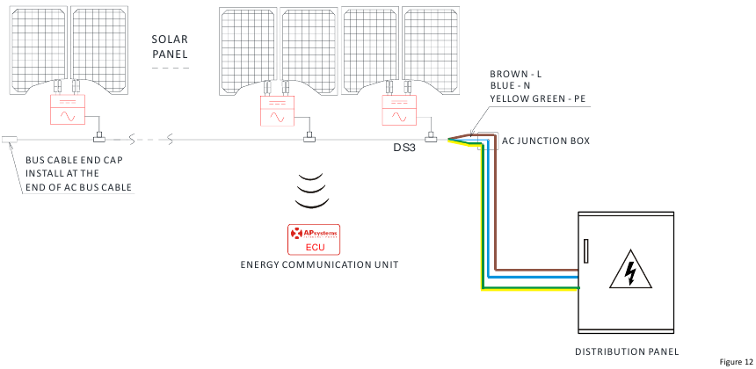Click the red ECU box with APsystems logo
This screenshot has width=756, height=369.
point(314,239)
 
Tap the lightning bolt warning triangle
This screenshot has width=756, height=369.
point(630,270)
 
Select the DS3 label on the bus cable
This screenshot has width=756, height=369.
point(403,148)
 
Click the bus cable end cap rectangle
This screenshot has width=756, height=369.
point(10,140)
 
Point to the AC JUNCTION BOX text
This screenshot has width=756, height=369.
point(546,141)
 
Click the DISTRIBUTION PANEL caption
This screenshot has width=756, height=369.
point(627,351)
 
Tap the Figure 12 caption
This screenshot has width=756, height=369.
point(736,362)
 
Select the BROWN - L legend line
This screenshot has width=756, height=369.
point(515,74)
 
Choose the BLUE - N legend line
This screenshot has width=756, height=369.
point(511,86)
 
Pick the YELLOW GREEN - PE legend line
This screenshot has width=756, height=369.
point(538,98)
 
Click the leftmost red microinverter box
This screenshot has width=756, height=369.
point(68,110)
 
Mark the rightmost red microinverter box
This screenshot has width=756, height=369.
point(399,110)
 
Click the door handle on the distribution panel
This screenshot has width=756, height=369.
point(585,251)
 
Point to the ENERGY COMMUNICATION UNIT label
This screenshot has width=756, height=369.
point(320,265)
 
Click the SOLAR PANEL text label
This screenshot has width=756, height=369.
point(171,47)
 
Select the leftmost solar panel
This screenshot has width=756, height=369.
point(39,50)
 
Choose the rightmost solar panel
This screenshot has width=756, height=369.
point(431,50)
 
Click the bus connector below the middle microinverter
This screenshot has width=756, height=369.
point(309,139)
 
